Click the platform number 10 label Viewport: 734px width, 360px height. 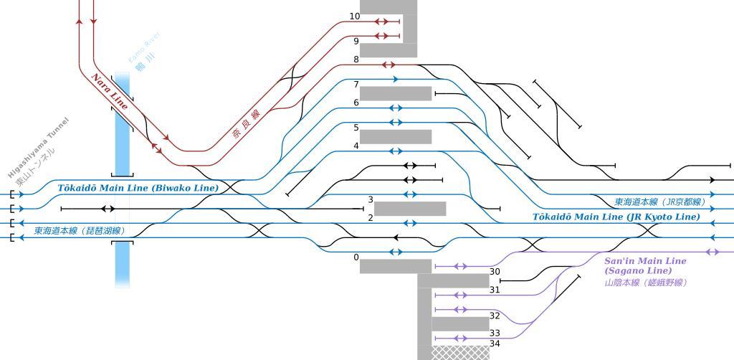pyautogui.click(x=355, y=16)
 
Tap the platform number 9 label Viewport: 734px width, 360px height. pyautogui.click(x=356, y=42)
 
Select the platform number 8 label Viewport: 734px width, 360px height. pyautogui.click(x=356, y=60)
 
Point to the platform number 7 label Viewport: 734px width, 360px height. pyautogui.click(x=356, y=85)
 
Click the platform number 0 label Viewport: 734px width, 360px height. pyautogui.click(x=356, y=257)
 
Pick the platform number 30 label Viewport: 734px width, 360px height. pyautogui.click(x=495, y=272)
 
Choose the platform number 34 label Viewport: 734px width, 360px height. pyautogui.click(x=495, y=344)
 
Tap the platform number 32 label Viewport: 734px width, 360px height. pyautogui.click(x=495, y=316)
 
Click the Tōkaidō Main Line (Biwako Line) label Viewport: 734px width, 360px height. pyautogui.click(x=138, y=188)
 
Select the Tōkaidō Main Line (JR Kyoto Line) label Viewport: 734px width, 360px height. pyautogui.click(x=616, y=217)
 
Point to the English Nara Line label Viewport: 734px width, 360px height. pyautogui.click(x=110, y=92)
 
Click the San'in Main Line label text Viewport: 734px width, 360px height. pyautogui.click(x=645, y=261)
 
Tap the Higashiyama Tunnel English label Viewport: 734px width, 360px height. pyautogui.click(x=37, y=148)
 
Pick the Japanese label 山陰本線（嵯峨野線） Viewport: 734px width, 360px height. pyautogui.click(x=646, y=283)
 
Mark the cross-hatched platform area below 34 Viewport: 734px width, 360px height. pyautogui.click(x=461, y=352)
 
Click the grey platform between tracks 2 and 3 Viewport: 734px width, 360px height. pyautogui.click(x=410, y=209)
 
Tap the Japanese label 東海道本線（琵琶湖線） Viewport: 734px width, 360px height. pyautogui.click(x=80, y=231)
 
